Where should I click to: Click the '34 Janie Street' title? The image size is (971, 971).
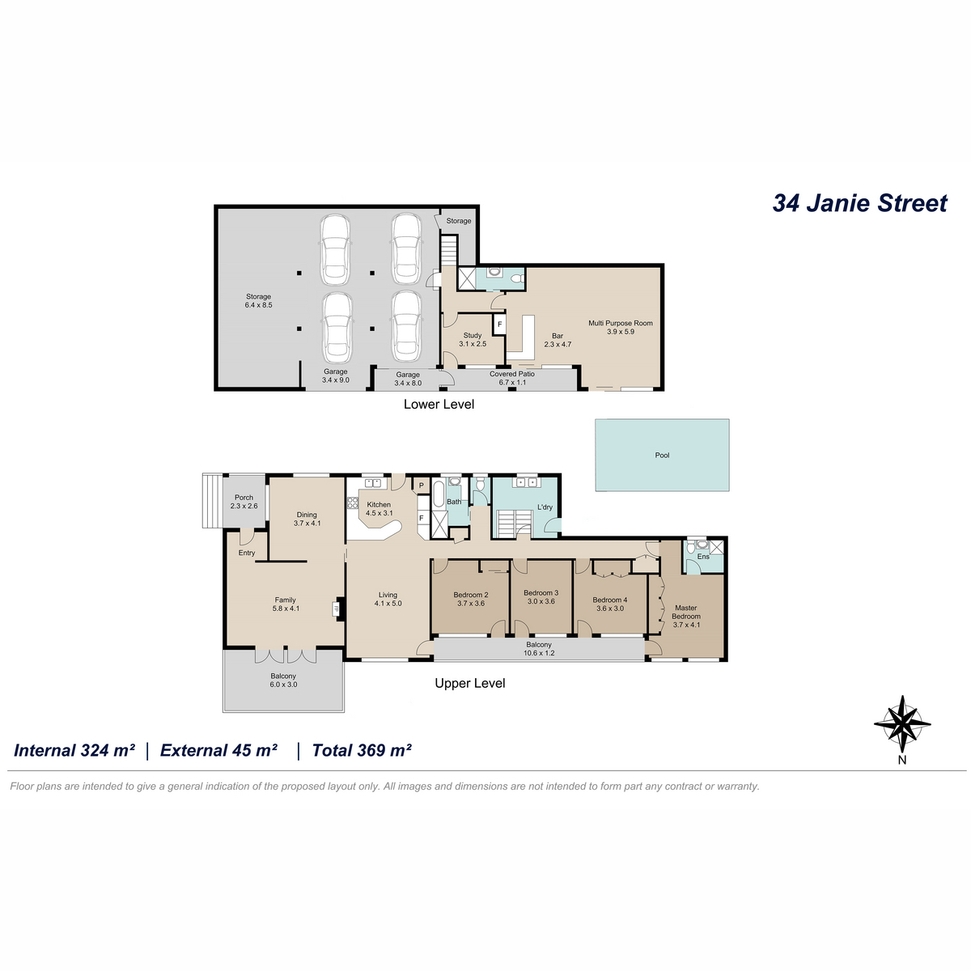click(x=859, y=203)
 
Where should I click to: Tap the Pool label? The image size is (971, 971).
click(x=662, y=455)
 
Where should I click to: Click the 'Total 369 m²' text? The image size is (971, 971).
click(x=362, y=750)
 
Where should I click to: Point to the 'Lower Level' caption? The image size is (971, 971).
click(x=439, y=404)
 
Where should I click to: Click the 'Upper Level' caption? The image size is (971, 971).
click(x=469, y=683)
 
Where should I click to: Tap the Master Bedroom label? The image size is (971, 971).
click(x=686, y=617)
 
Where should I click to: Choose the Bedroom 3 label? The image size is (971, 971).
click(x=541, y=597)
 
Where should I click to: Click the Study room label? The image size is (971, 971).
click(x=473, y=340)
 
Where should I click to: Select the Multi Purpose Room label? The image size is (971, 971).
click(x=621, y=328)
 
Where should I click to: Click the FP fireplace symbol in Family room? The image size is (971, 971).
click(x=336, y=608)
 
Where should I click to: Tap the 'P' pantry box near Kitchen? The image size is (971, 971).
click(x=422, y=485)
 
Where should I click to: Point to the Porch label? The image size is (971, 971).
click(x=244, y=502)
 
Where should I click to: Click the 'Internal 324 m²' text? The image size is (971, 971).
click(x=74, y=750)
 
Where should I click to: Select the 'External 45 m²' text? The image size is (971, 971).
click(x=218, y=750)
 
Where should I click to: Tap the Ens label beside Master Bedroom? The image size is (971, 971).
click(x=703, y=557)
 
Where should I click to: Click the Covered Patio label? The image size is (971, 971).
click(x=512, y=378)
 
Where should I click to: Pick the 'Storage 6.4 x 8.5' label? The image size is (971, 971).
click(x=258, y=301)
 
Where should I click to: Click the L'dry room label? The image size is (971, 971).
click(x=545, y=507)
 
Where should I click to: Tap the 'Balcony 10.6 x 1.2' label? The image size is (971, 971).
click(x=539, y=649)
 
